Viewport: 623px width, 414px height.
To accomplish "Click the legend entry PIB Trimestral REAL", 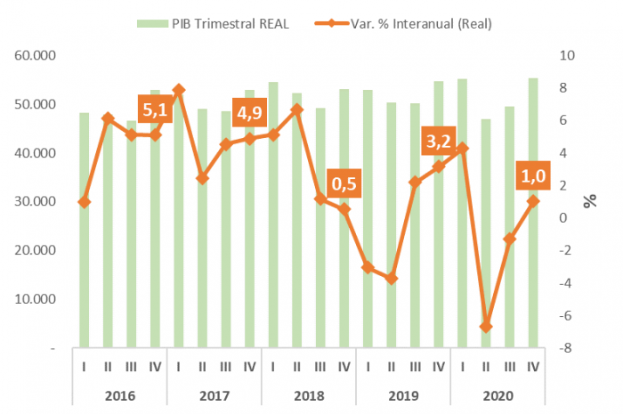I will tap(230, 22).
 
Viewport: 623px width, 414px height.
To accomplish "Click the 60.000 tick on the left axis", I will tap(36, 55).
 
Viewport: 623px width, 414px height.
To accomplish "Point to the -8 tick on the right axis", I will tap(567, 348).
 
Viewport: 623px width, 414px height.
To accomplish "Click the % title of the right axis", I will tap(590, 201).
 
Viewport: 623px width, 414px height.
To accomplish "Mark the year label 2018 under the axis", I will tap(308, 395).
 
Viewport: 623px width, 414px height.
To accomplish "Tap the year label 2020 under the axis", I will tap(498, 395).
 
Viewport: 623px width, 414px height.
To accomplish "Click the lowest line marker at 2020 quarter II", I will tap(486, 327).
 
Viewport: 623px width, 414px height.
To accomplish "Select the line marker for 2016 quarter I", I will tap(84, 202).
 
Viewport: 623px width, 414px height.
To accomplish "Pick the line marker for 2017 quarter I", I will tap(179, 90).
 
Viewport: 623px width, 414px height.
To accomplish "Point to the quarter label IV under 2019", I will tap(438, 365).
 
